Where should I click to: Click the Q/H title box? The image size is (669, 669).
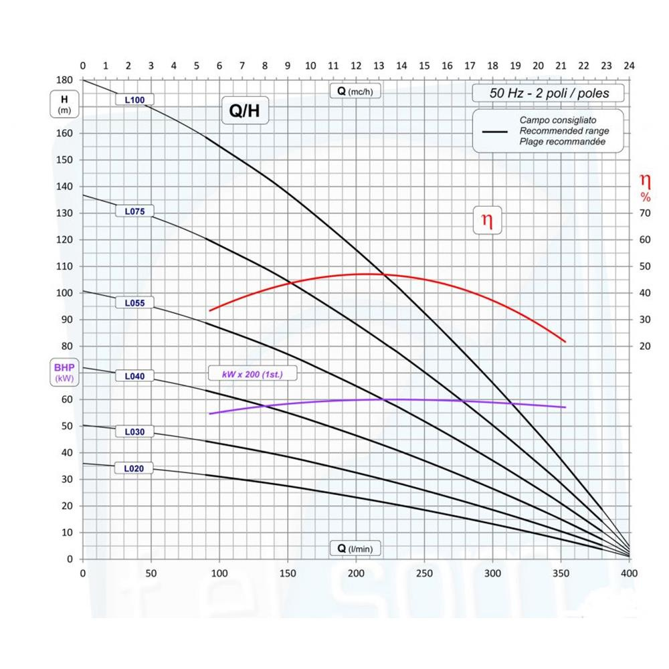(245, 112)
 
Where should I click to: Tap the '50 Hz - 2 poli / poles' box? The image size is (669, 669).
(549, 93)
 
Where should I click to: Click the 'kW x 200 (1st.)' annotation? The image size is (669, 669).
(252, 374)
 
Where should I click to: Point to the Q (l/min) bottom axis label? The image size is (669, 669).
(355, 549)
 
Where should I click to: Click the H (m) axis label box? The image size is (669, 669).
(65, 104)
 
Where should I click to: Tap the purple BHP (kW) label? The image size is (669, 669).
(65, 373)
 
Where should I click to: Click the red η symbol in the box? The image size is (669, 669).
(488, 221)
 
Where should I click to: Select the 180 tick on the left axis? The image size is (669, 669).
(65, 80)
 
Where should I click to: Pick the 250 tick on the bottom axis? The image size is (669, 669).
(424, 573)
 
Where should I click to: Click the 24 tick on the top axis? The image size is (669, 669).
(629, 66)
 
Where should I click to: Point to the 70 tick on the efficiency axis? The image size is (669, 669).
(645, 213)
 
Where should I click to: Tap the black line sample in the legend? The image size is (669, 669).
(495, 132)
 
